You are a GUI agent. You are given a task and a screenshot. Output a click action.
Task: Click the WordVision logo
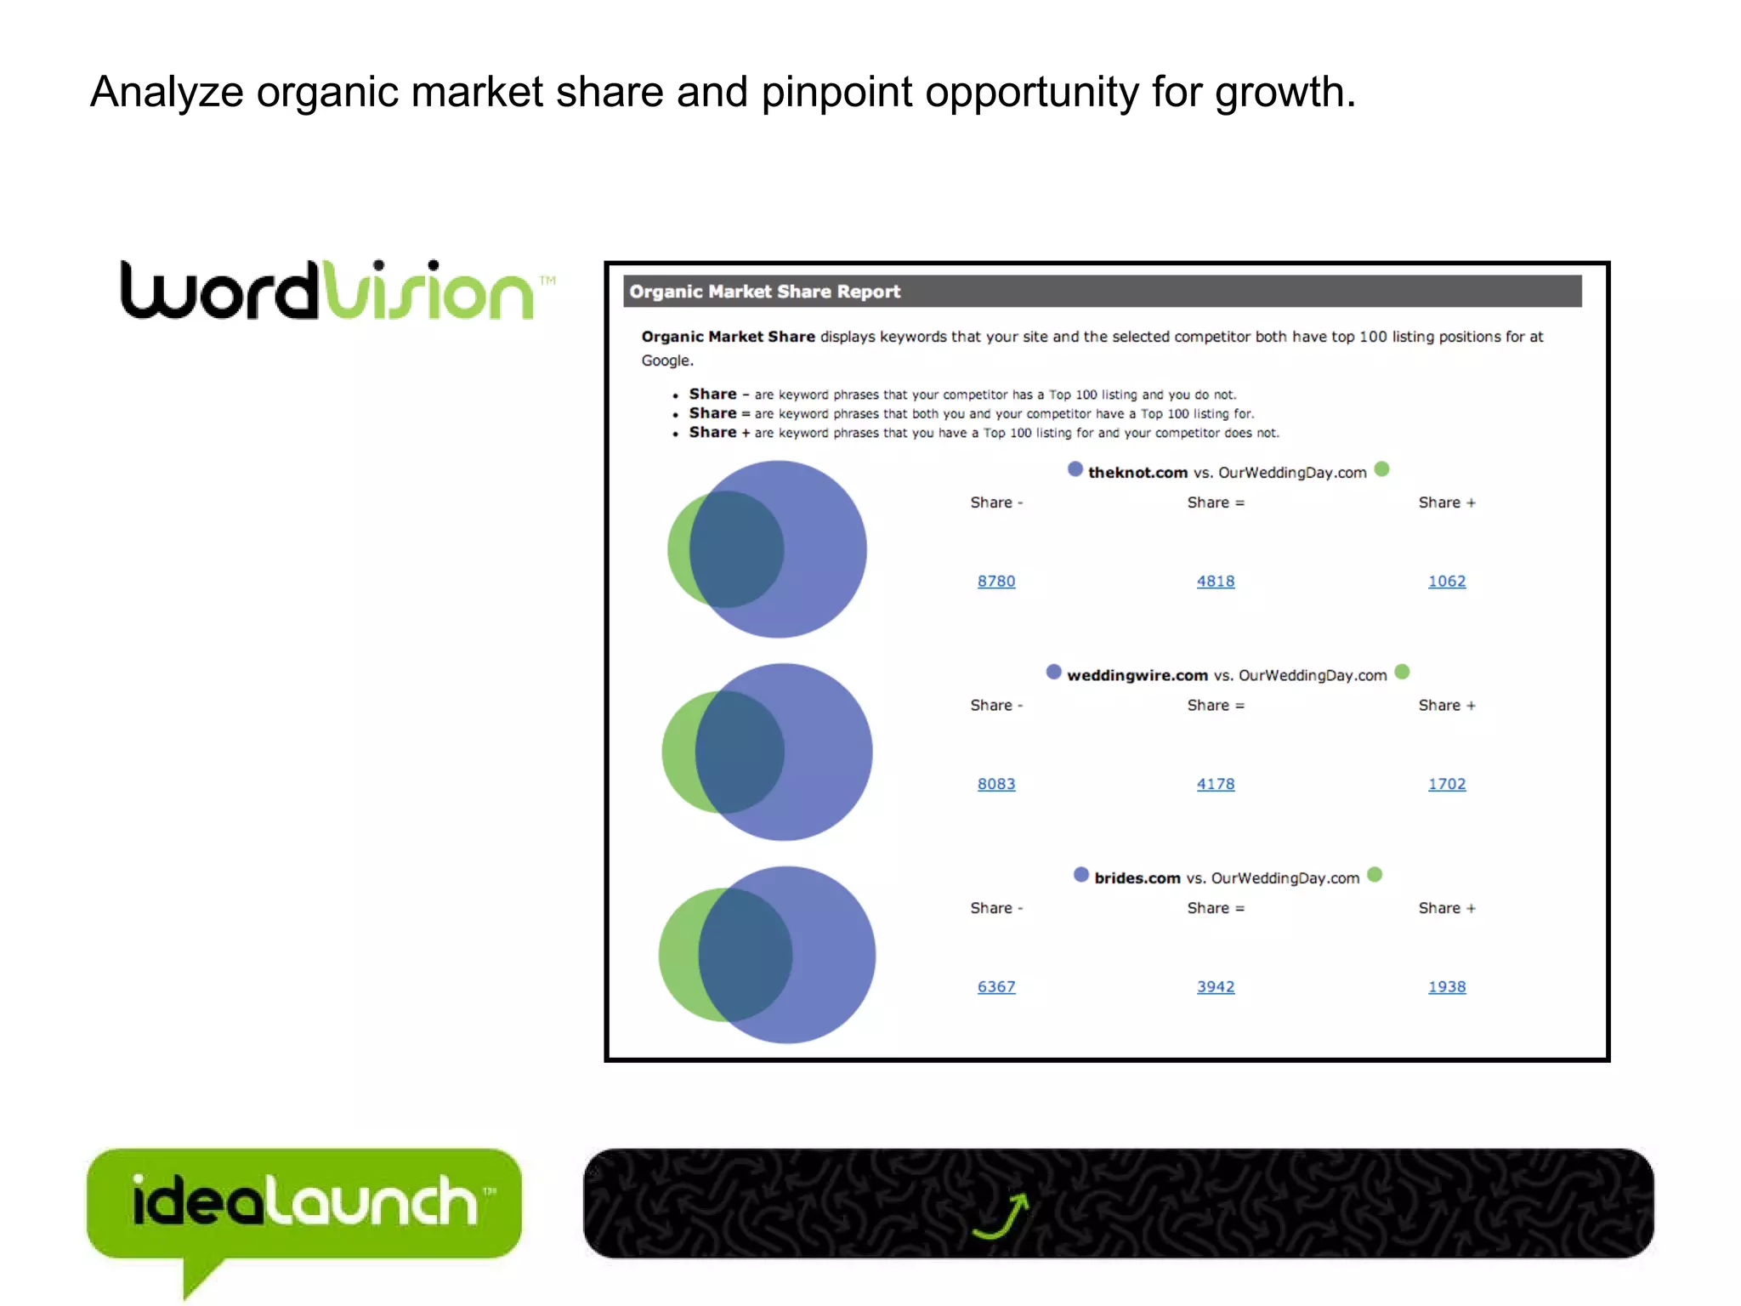point(336,292)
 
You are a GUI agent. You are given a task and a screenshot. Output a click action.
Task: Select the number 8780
point(995,582)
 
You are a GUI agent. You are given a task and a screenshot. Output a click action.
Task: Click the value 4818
point(1215,582)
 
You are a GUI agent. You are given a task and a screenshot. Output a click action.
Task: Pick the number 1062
point(1446,582)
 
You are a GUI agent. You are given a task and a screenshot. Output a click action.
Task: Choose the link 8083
point(995,784)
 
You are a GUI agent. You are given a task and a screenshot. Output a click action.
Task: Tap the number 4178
point(1215,784)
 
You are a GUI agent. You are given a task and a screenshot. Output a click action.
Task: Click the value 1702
point(1446,784)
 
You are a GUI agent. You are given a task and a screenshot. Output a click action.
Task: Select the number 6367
point(995,987)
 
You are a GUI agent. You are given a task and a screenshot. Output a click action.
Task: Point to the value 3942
point(1215,987)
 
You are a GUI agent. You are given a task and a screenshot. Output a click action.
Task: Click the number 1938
point(1446,987)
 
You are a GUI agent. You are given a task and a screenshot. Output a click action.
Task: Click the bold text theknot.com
point(1137,473)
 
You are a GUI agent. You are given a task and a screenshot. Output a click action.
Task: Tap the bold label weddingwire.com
point(1137,675)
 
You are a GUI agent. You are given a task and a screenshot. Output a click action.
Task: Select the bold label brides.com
point(1137,878)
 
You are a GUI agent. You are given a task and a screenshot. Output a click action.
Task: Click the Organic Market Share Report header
point(764,292)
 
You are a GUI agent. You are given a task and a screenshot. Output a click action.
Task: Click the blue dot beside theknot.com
point(1075,469)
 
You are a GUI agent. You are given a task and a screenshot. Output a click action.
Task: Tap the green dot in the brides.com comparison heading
point(1375,875)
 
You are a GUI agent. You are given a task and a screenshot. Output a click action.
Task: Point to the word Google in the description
point(666,361)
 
